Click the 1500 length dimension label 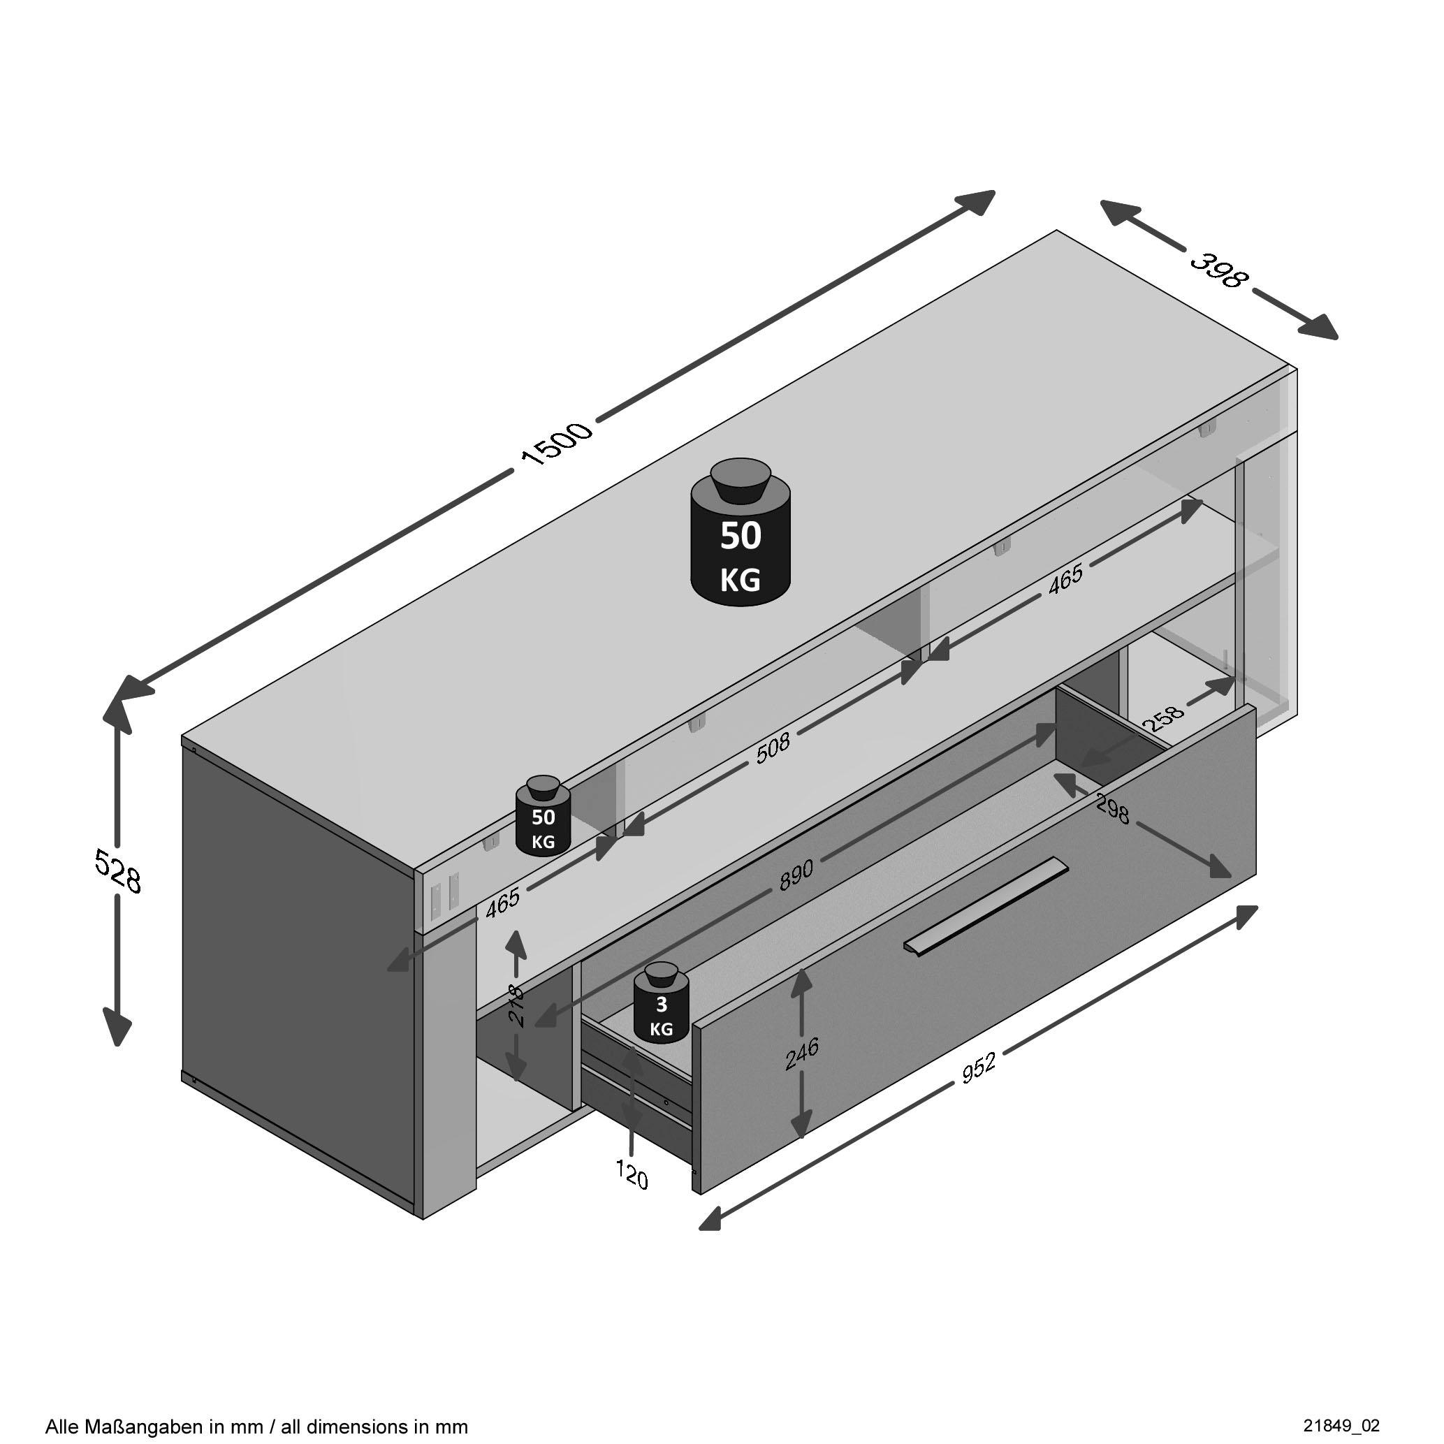[x=557, y=444]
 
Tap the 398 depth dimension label [x=1219, y=270]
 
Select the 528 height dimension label [x=117, y=870]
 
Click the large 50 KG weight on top [x=740, y=534]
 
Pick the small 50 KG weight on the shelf [x=544, y=816]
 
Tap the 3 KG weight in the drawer [x=661, y=1003]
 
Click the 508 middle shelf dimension [x=772, y=747]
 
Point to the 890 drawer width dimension [x=795, y=875]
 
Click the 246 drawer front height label [x=801, y=1054]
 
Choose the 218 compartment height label [x=516, y=1005]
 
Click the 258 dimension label [x=1164, y=718]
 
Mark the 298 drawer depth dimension [x=1112, y=809]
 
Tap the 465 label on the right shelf [x=1065, y=579]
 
